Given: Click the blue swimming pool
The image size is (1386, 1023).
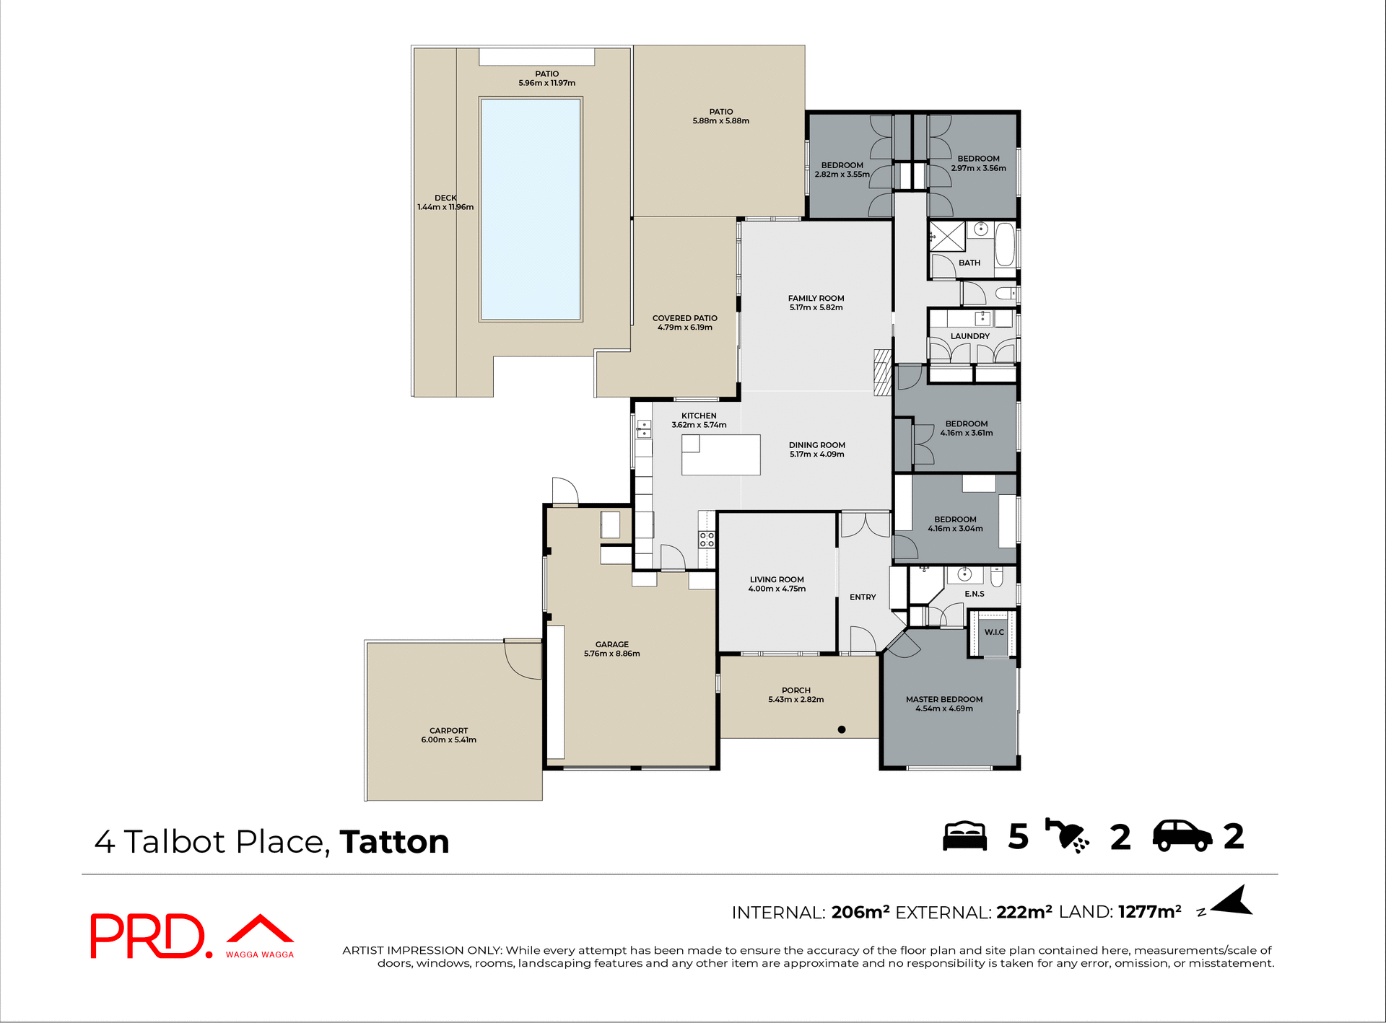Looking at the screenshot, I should click(x=531, y=209).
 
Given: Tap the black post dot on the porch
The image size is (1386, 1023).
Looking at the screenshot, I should click(x=841, y=729).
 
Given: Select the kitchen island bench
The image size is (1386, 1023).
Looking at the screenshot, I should click(x=721, y=455).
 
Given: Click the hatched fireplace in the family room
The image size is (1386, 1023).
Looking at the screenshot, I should click(x=882, y=372).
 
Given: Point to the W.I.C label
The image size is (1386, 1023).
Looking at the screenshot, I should click(x=994, y=632).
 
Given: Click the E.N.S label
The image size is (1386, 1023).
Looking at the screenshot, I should click(x=974, y=594).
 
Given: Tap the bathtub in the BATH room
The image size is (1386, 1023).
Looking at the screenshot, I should click(x=1005, y=245).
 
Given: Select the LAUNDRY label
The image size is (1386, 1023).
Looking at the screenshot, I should click(x=969, y=336).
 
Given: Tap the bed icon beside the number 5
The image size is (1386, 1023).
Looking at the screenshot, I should click(x=964, y=836).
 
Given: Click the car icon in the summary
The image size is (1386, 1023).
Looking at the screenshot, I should click(x=1182, y=836).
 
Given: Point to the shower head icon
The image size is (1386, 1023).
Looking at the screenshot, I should click(x=1067, y=836).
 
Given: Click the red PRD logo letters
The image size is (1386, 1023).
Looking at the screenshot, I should click(x=148, y=936).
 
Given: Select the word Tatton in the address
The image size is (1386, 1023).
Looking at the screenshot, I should click(x=394, y=842).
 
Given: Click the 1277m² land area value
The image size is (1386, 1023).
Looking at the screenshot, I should click(x=1149, y=912).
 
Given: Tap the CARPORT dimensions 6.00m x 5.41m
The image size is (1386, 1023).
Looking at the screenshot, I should click(x=448, y=740).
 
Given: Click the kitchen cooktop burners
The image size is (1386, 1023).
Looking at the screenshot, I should click(x=706, y=539).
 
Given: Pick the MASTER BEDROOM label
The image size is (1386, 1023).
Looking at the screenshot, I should click(x=943, y=699).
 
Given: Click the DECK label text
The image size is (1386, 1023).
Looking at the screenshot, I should click(x=445, y=198).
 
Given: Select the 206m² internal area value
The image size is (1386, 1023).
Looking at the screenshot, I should click(x=860, y=912).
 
